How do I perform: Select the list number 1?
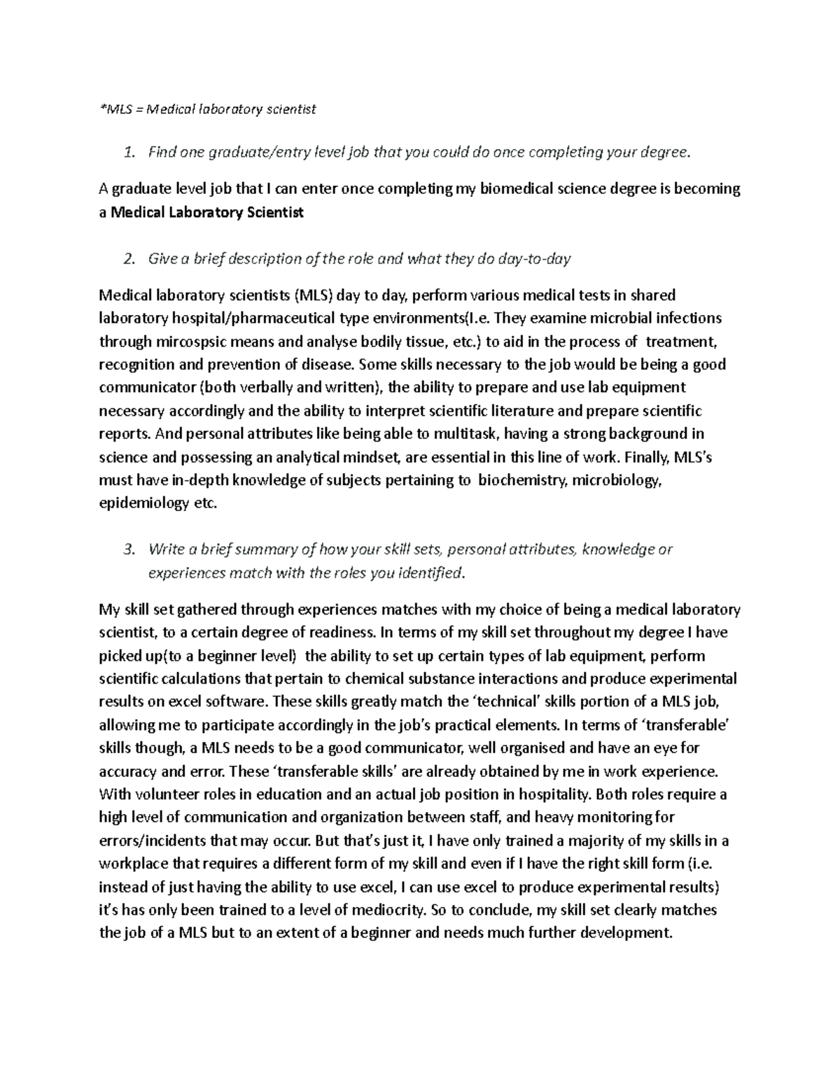127,153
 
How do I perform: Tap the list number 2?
127,259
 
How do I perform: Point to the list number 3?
127,549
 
